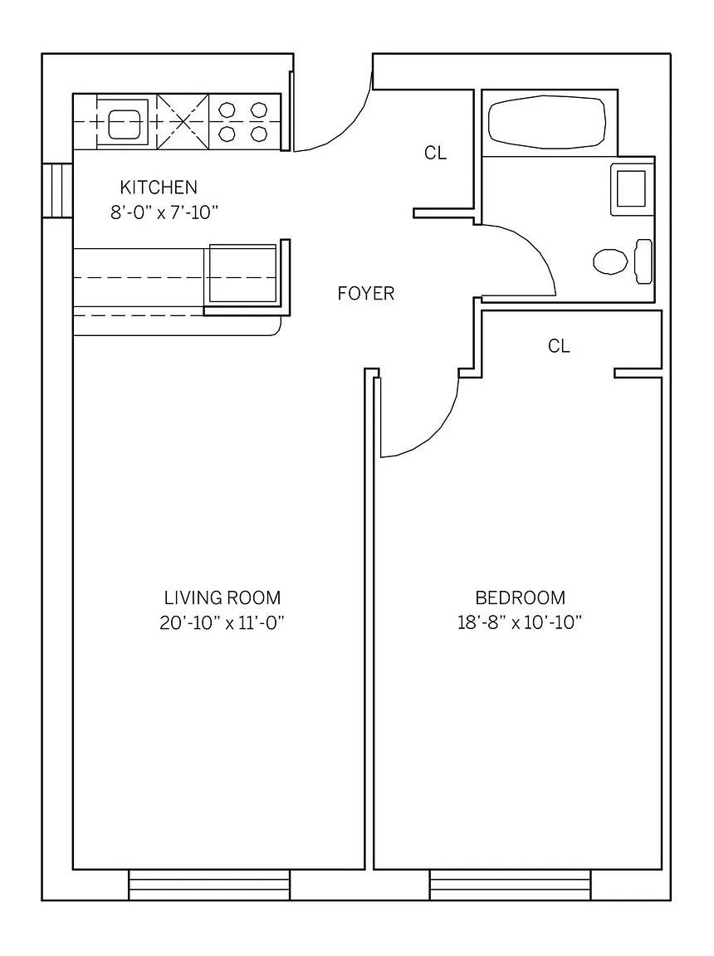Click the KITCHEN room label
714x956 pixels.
click(159, 188)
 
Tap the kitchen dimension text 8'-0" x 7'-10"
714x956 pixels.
click(164, 212)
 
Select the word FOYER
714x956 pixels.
click(366, 293)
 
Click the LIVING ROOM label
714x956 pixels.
click(223, 597)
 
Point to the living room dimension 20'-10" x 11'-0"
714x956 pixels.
click(223, 623)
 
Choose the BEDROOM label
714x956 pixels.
click(520, 597)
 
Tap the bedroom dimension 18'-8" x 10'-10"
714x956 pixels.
click(520, 623)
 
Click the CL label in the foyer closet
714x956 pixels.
click(435, 153)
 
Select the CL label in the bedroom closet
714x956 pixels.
click(559, 346)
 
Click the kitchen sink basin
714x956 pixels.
click(125, 124)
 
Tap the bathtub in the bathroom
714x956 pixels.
click(547, 122)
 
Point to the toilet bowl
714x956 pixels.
click(610, 261)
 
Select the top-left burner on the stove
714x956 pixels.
click(227, 110)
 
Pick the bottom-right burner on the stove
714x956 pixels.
click(259, 134)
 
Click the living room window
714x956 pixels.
click(209, 885)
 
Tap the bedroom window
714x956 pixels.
click(510, 885)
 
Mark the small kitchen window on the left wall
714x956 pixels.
click(57, 191)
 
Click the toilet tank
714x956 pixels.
click(643, 261)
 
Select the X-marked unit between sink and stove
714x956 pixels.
click(183, 121)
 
